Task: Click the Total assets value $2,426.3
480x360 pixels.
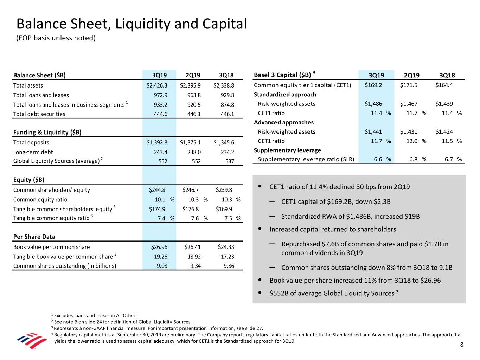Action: coord(157,85)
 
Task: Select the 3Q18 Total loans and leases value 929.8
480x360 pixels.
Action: coord(227,95)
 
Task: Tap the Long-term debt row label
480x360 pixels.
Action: coord(33,152)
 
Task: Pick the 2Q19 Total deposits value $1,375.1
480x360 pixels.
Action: coord(190,142)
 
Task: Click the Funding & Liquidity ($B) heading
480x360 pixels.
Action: coord(47,132)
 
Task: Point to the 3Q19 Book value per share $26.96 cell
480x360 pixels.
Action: coord(159,247)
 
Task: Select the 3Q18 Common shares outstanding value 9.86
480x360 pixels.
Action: coord(229,266)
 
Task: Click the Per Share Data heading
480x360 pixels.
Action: coord(34,237)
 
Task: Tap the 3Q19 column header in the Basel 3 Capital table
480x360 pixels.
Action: coord(376,75)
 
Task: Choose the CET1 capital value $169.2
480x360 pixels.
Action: coord(373,85)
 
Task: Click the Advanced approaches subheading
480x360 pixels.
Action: coord(284,122)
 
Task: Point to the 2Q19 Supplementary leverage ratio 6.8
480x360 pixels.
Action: coord(414,159)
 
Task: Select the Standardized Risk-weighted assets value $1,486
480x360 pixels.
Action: coord(373,104)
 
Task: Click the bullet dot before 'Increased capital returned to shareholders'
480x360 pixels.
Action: coord(260,229)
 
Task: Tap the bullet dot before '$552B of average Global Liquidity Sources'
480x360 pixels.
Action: coord(260,292)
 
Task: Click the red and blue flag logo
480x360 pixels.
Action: coord(32,341)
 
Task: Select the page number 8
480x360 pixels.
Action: coord(462,345)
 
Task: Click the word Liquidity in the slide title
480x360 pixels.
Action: coord(142,24)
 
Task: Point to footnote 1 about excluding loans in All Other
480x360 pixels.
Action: coord(94,315)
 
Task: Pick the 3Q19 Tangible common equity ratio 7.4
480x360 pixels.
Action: coord(161,218)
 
